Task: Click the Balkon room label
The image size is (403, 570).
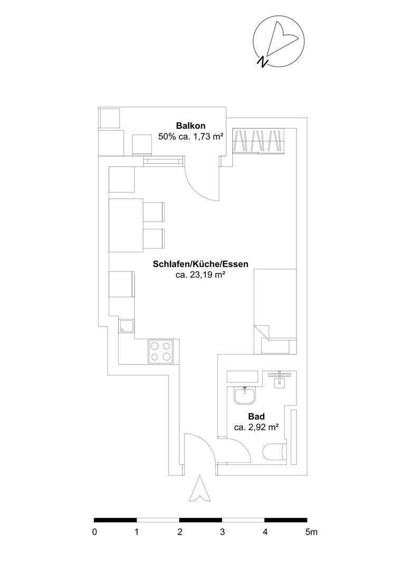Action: [190, 126]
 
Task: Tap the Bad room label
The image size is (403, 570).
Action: [256, 417]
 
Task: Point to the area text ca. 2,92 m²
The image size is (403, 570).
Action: [256, 427]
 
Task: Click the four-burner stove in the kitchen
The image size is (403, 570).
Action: [161, 351]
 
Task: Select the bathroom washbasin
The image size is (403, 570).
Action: [245, 395]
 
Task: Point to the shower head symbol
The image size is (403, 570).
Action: [279, 376]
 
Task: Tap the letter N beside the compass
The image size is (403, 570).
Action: [262, 62]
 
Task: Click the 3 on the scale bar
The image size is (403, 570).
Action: [223, 533]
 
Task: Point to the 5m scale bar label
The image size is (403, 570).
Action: [311, 533]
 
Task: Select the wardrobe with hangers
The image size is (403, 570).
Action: [258, 141]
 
